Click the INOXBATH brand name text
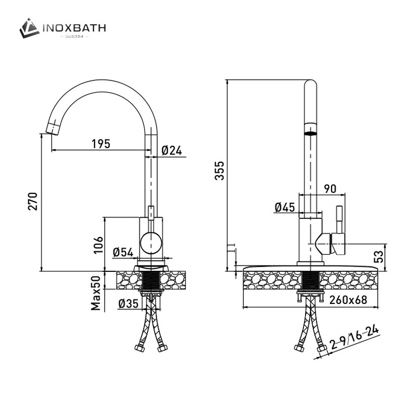75,27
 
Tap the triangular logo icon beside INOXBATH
30,28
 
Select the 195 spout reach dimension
101,144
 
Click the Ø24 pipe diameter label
171,150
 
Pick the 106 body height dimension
99,243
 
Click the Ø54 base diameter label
123,252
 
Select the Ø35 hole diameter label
128,304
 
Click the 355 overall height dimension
220,171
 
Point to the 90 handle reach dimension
330,189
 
